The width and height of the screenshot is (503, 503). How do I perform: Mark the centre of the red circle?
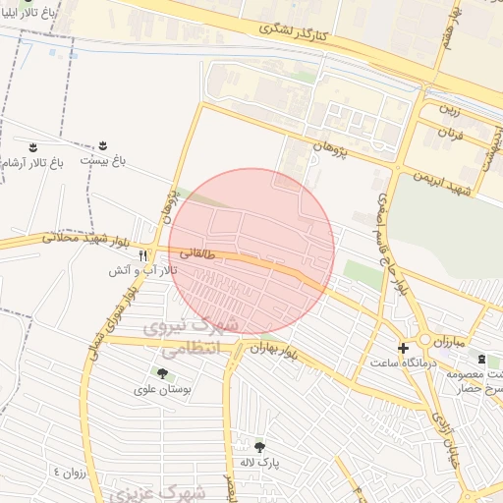pyautogui.click(x=251, y=251)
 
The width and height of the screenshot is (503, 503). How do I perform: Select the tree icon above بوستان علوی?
pyautogui.click(x=161, y=372)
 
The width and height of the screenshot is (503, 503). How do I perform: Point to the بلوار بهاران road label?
pyautogui.click(x=272, y=349)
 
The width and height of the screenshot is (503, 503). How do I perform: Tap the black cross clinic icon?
pyautogui.click(x=403, y=348)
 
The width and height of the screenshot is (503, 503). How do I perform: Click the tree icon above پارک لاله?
pyautogui.click(x=260, y=446)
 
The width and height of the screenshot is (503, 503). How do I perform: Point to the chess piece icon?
pyautogui.click(x=479, y=360)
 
